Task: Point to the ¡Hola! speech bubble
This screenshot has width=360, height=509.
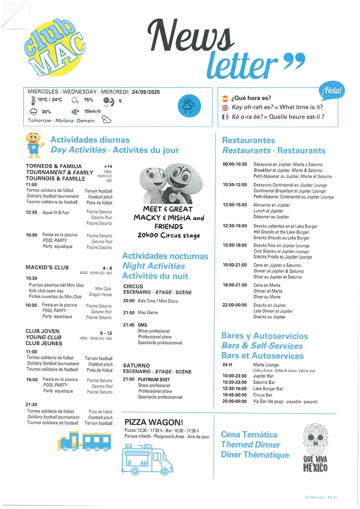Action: click(x=332, y=92)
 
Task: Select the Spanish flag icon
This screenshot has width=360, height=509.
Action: click(x=225, y=98)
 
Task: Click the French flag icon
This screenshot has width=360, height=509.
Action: click(x=225, y=117)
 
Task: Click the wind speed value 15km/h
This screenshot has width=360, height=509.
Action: click(x=92, y=112)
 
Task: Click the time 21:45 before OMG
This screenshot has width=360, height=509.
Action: click(x=129, y=325)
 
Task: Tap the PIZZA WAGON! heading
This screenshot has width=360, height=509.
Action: click(x=154, y=422)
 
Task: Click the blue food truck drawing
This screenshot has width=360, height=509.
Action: click(x=147, y=459)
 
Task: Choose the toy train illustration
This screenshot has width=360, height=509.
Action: click(x=84, y=441)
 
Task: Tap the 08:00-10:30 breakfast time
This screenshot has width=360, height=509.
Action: click(x=235, y=164)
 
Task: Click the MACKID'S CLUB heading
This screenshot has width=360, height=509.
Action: click(x=47, y=267)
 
